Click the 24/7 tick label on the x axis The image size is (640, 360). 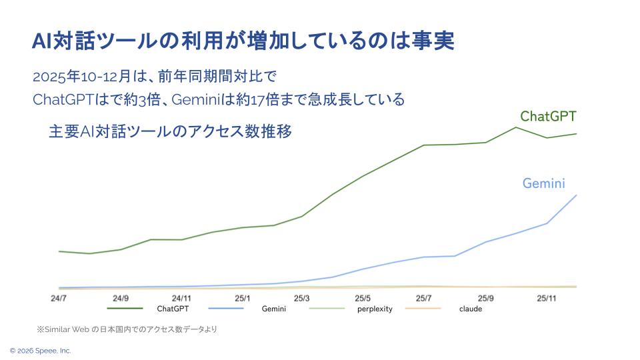coord(58,298)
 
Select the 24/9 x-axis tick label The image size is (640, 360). coord(121,298)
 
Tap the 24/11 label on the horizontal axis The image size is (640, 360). coord(181,298)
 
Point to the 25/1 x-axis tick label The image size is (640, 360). coord(243,298)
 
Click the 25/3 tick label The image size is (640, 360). coord(301,298)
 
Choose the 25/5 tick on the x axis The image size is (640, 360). coord(363,298)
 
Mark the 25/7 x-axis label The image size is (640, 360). coord(423,298)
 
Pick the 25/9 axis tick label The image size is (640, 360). coord(485,298)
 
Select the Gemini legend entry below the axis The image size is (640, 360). coord(273,309)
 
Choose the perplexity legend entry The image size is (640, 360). coord(375,309)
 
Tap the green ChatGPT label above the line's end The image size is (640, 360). coord(548,116)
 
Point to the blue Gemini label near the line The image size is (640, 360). coord(543,183)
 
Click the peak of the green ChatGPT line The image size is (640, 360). coord(516,127)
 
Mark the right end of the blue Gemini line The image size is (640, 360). coord(576,195)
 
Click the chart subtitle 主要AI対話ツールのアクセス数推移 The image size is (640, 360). coord(170,131)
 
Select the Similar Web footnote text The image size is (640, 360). coord(127,329)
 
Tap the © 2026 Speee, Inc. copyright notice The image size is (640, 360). coord(40,351)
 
